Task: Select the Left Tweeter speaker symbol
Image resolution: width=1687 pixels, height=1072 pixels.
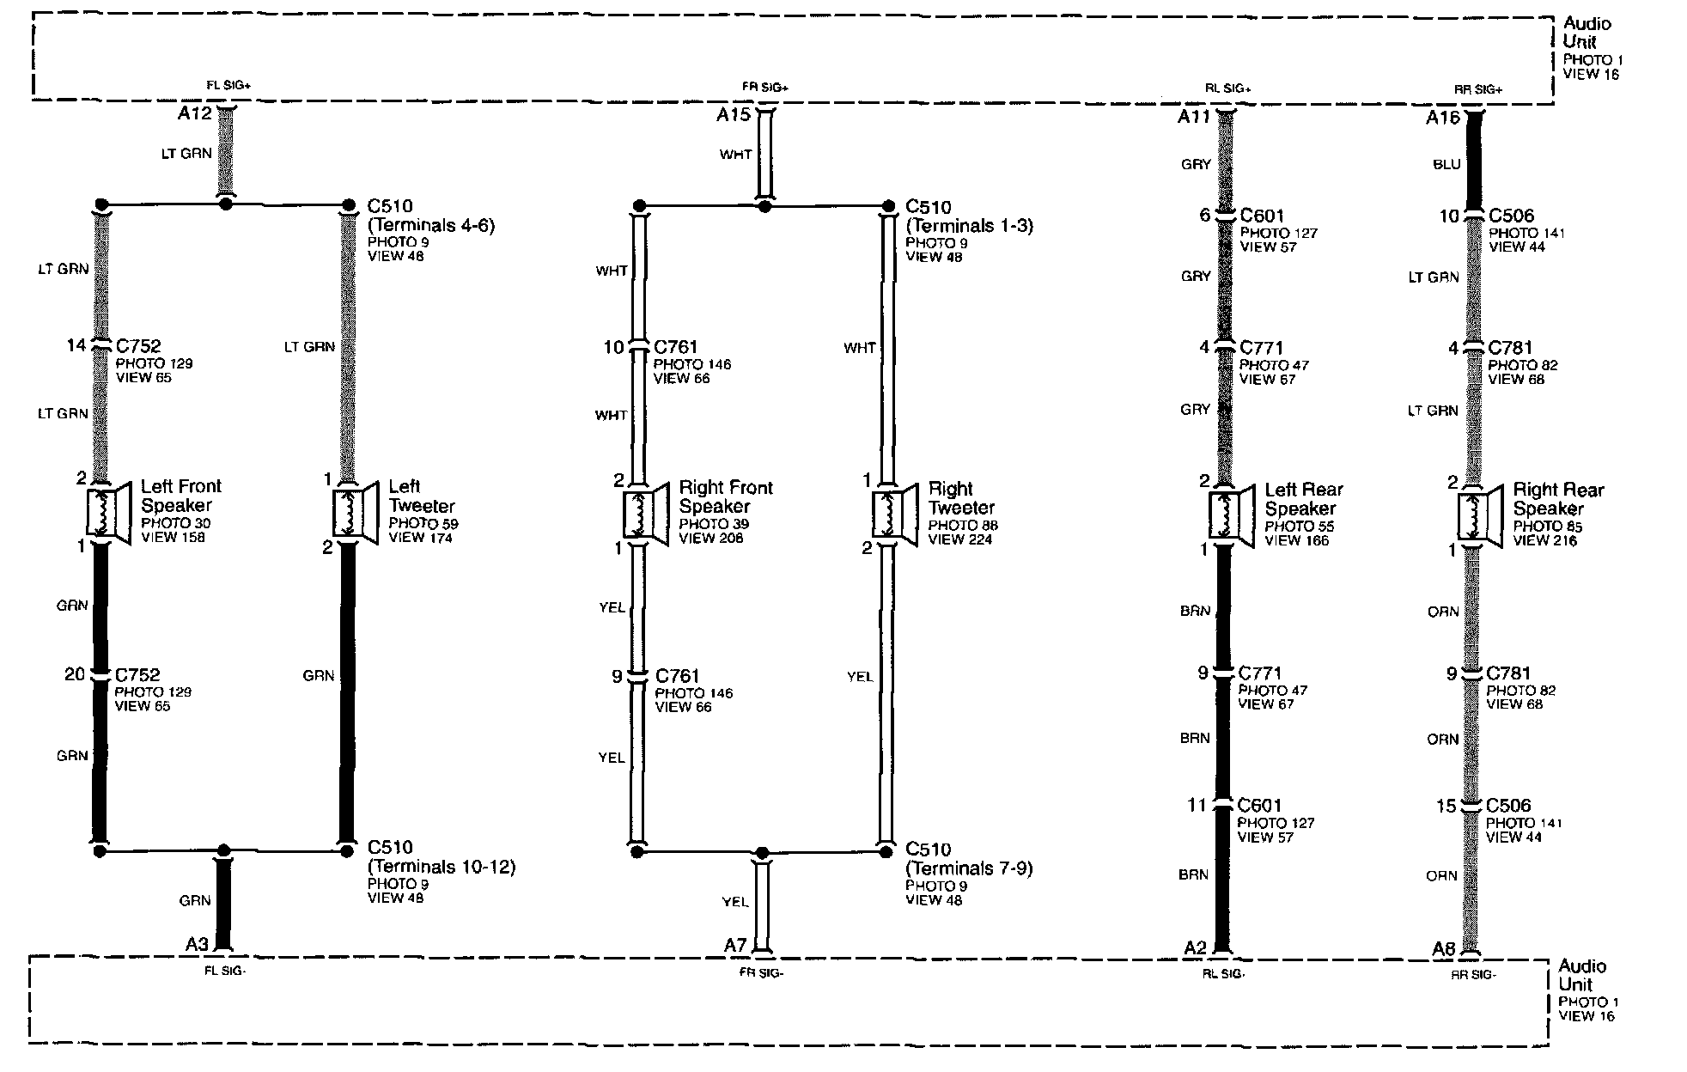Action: tap(355, 513)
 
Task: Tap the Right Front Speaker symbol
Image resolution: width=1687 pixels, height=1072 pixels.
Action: tap(645, 514)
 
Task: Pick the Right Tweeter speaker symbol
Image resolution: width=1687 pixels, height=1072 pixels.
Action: tap(894, 515)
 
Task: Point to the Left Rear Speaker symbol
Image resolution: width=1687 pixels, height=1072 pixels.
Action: tap(1229, 515)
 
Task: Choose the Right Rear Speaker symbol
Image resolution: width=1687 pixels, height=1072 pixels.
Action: tap(1478, 516)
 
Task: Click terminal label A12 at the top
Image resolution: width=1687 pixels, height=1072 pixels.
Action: tap(194, 113)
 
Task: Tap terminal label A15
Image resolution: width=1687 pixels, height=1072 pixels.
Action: tap(734, 114)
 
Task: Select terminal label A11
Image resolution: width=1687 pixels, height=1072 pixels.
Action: tap(1194, 116)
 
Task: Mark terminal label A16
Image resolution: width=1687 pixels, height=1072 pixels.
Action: tap(1443, 118)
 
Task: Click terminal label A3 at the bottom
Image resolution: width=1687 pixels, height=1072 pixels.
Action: tap(197, 944)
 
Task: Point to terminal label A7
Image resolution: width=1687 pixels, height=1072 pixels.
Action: tap(735, 945)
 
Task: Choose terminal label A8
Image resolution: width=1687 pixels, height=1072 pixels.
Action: tap(1444, 948)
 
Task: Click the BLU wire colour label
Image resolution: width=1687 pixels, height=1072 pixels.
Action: tap(1446, 164)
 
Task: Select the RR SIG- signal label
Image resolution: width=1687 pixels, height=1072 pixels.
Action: tap(1473, 974)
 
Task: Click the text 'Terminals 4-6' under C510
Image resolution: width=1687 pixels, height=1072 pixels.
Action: tap(431, 225)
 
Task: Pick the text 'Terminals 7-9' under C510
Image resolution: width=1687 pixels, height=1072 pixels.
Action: tap(969, 868)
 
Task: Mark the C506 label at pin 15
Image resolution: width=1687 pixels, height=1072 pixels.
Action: tap(1509, 806)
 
